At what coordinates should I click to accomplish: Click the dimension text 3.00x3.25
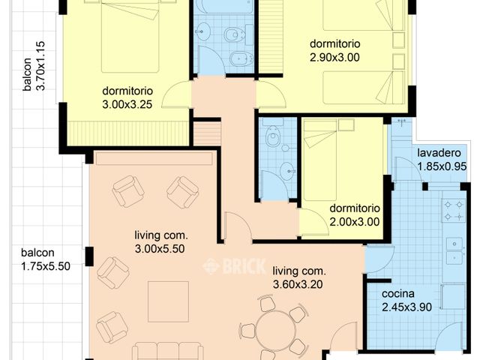pos(127,104)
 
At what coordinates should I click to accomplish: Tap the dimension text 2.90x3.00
pos(334,57)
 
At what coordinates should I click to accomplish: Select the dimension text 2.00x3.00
pos(355,222)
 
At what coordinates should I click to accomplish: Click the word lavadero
pos(439,152)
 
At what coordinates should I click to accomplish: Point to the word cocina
pos(398,293)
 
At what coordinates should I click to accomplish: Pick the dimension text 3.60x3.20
pos(298,284)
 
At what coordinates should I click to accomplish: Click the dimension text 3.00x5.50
pos(160,248)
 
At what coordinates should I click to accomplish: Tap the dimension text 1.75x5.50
pos(46,266)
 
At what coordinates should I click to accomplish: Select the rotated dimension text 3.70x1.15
pos(40,66)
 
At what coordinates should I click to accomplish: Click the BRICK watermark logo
pos(234,265)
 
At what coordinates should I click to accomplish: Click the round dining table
pos(276,330)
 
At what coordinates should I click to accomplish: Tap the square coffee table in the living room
pos(168,301)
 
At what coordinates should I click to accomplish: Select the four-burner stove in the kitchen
pos(453,210)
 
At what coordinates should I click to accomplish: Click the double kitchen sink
pos(455,251)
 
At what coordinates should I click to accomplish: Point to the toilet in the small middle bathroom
pos(273,136)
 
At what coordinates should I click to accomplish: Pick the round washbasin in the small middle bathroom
pos(288,171)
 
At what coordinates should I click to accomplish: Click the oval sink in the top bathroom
pos(202,31)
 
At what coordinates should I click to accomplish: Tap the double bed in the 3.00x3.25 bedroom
pos(130,37)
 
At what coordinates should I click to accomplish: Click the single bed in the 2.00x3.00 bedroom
pos(320,160)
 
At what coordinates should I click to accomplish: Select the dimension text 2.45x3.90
pos(406,307)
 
